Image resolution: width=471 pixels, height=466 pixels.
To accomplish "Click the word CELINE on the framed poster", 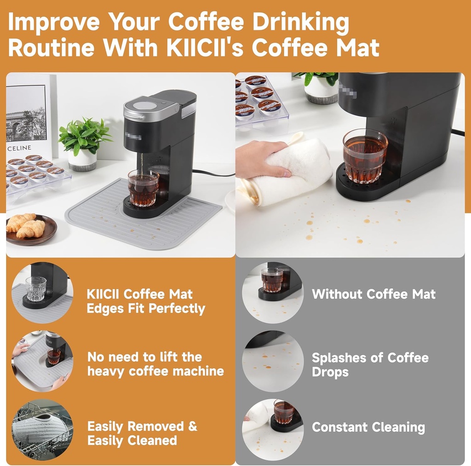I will [19, 148].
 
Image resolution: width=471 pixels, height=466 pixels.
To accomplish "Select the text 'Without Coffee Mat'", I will [373, 294].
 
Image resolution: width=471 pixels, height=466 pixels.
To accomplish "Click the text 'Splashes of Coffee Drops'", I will [370, 364].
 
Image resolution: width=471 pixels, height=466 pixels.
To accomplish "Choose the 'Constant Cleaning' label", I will [368, 427].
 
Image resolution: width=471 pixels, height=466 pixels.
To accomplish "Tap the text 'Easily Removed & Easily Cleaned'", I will [142, 433].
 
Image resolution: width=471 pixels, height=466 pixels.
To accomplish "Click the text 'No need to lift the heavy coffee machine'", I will [155, 364].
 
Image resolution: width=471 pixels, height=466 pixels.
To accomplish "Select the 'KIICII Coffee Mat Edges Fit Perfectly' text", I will [146, 301].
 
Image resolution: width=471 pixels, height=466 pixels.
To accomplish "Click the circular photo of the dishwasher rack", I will [42, 429].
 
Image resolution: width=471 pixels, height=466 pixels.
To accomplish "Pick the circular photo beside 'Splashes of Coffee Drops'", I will [273, 361].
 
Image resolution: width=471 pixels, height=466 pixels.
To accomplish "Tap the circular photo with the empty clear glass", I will [42, 293].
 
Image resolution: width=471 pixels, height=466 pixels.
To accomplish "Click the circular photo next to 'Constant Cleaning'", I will [273, 429].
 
